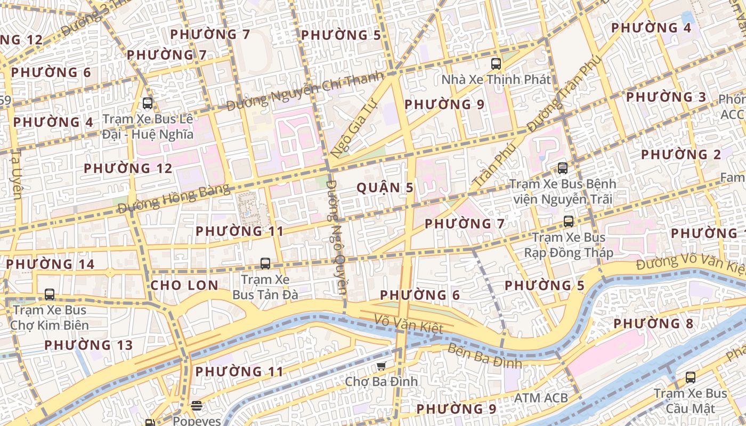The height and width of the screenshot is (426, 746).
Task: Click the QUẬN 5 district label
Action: pyautogui.click(x=385, y=187)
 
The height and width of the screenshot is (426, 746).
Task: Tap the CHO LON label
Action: pyautogui.click(x=184, y=285)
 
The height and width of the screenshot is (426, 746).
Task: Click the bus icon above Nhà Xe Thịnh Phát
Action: pyautogui.click(x=496, y=64)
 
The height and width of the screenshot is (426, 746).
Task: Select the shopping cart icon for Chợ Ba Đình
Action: pyautogui.click(x=381, y=366)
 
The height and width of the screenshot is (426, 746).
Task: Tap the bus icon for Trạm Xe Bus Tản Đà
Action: pyautogui.click(x=265, y=263)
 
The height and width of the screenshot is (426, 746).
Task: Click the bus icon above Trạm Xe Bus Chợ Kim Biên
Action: pyautogui.click(x=50, y=294)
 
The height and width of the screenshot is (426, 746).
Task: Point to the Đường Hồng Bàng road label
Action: pyautogui.click(x=173, y=198)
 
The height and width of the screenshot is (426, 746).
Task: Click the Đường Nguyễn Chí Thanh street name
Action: pyautogui.click(x=305, y=91)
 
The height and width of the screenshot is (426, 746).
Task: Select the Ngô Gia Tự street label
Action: pyautogui.click(x=353, y=127)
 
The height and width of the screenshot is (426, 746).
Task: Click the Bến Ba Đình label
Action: pyautogui.click(x=484, y=357)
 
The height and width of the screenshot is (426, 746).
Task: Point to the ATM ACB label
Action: pyautogui.click(x=541, y=398)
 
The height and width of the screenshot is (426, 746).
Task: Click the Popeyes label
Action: pyautogui.click(x=196, y=420)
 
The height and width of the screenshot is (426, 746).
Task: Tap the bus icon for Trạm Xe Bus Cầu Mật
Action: pyautogui.click(x=691, y=378)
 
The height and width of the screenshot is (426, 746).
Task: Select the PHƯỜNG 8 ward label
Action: pyautogui.click(x=653, y=324)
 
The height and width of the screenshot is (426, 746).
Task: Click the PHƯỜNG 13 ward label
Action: pyautogui.click(x=88, y=345)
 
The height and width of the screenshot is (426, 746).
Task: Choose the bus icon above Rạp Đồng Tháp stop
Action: pyautogui.click(x=569, y=222)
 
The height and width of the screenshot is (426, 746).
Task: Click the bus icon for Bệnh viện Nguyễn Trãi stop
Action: pyautogui.click(x=562, y=168)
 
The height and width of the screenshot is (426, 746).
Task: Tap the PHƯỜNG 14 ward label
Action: pyautogui.click(x=50, y=264)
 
